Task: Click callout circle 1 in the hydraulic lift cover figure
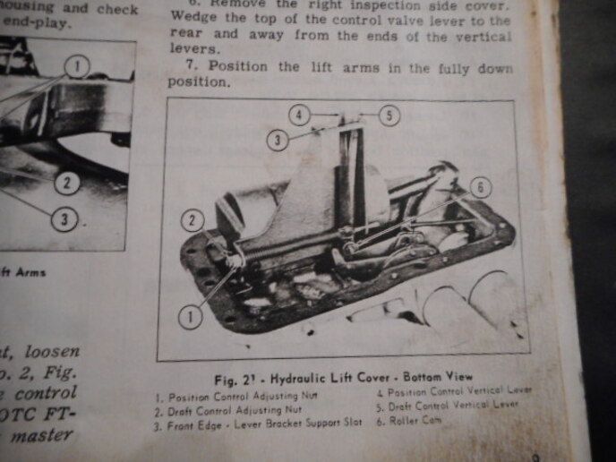(191, 313)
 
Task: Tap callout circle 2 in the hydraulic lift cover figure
(192, 219)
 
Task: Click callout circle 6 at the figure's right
(480, 187)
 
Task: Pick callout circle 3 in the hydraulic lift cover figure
(278, 139)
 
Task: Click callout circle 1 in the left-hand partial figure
(78, 64)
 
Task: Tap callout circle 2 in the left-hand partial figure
(65, 184)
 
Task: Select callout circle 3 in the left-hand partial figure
(63, 218)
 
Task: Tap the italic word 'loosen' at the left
(53, 351)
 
